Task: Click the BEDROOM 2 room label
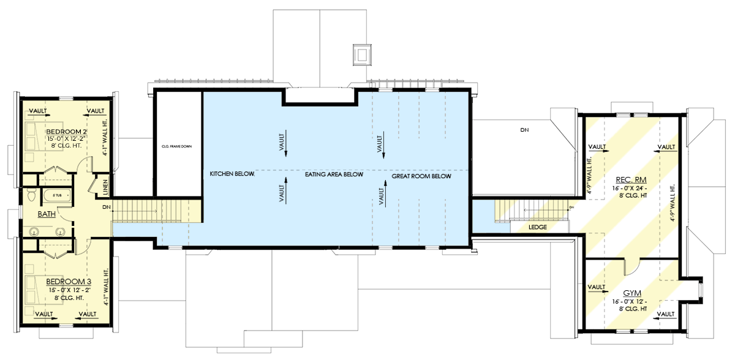click(67, 132)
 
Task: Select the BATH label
click(47, 215)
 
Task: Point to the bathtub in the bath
click(57, 196)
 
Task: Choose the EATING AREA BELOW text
click(334, 175)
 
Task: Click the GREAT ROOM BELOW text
click(421, 176)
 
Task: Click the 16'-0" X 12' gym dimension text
click(630, 302)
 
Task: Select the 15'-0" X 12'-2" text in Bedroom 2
click(68, 140)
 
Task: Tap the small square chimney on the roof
click(363, 54)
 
